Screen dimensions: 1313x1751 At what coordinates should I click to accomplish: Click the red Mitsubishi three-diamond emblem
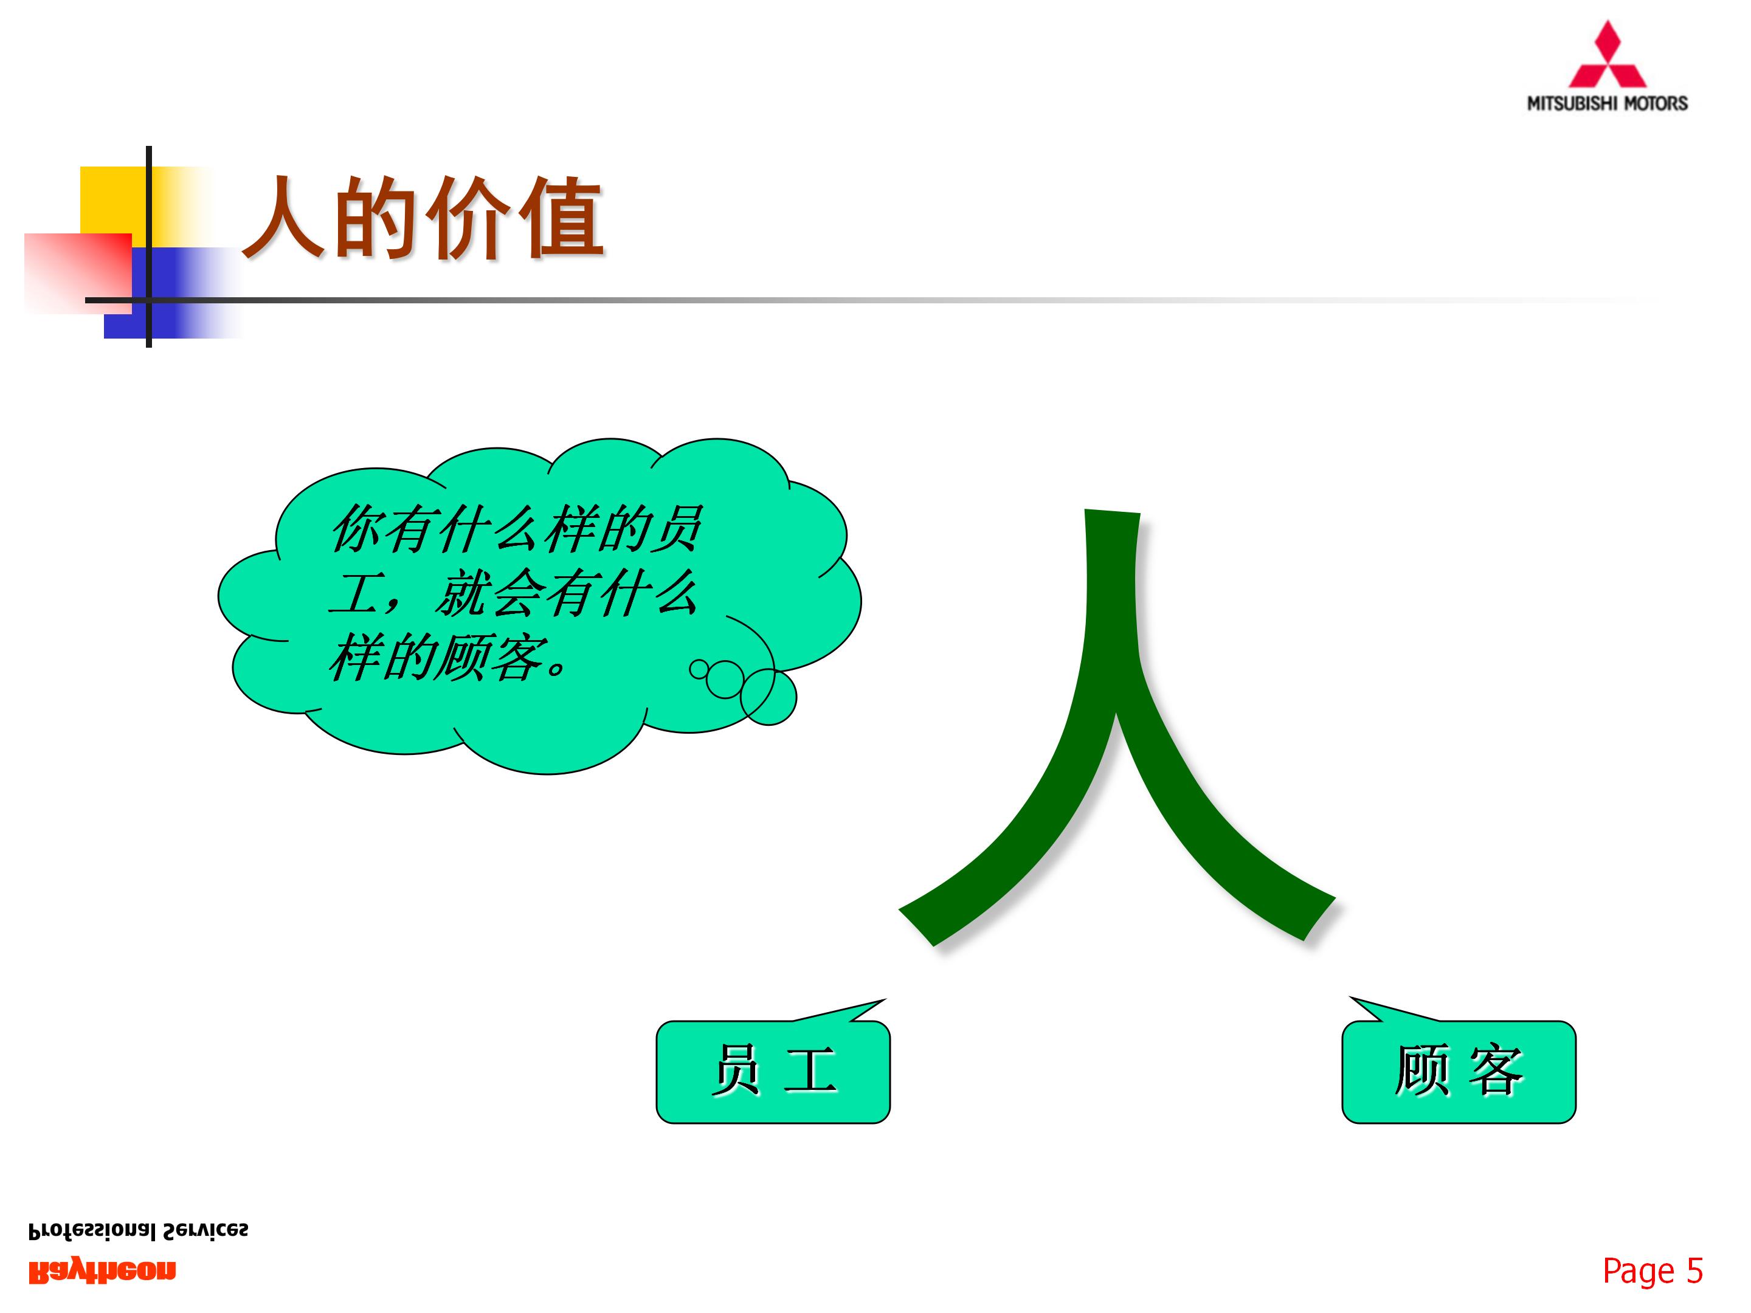click(1607, 57)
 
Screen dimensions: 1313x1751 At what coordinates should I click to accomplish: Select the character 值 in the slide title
click(562, 218)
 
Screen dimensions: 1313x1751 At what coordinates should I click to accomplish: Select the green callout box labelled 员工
click(773, 1072)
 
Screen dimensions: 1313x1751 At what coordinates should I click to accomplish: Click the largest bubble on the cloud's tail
click(768, 697)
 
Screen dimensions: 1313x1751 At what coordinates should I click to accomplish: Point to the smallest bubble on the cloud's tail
click(698, 669)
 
